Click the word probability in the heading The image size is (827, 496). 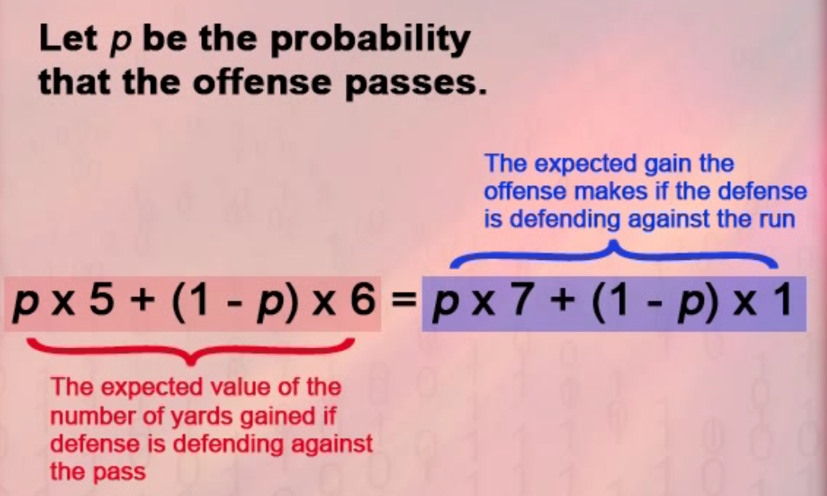point(369,41)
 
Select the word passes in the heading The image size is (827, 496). point(415,84)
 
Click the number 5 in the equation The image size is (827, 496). point(101,302)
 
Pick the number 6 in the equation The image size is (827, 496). point(363,302)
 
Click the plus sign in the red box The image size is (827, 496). point(142,304)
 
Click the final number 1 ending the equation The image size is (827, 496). point(781,302)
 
